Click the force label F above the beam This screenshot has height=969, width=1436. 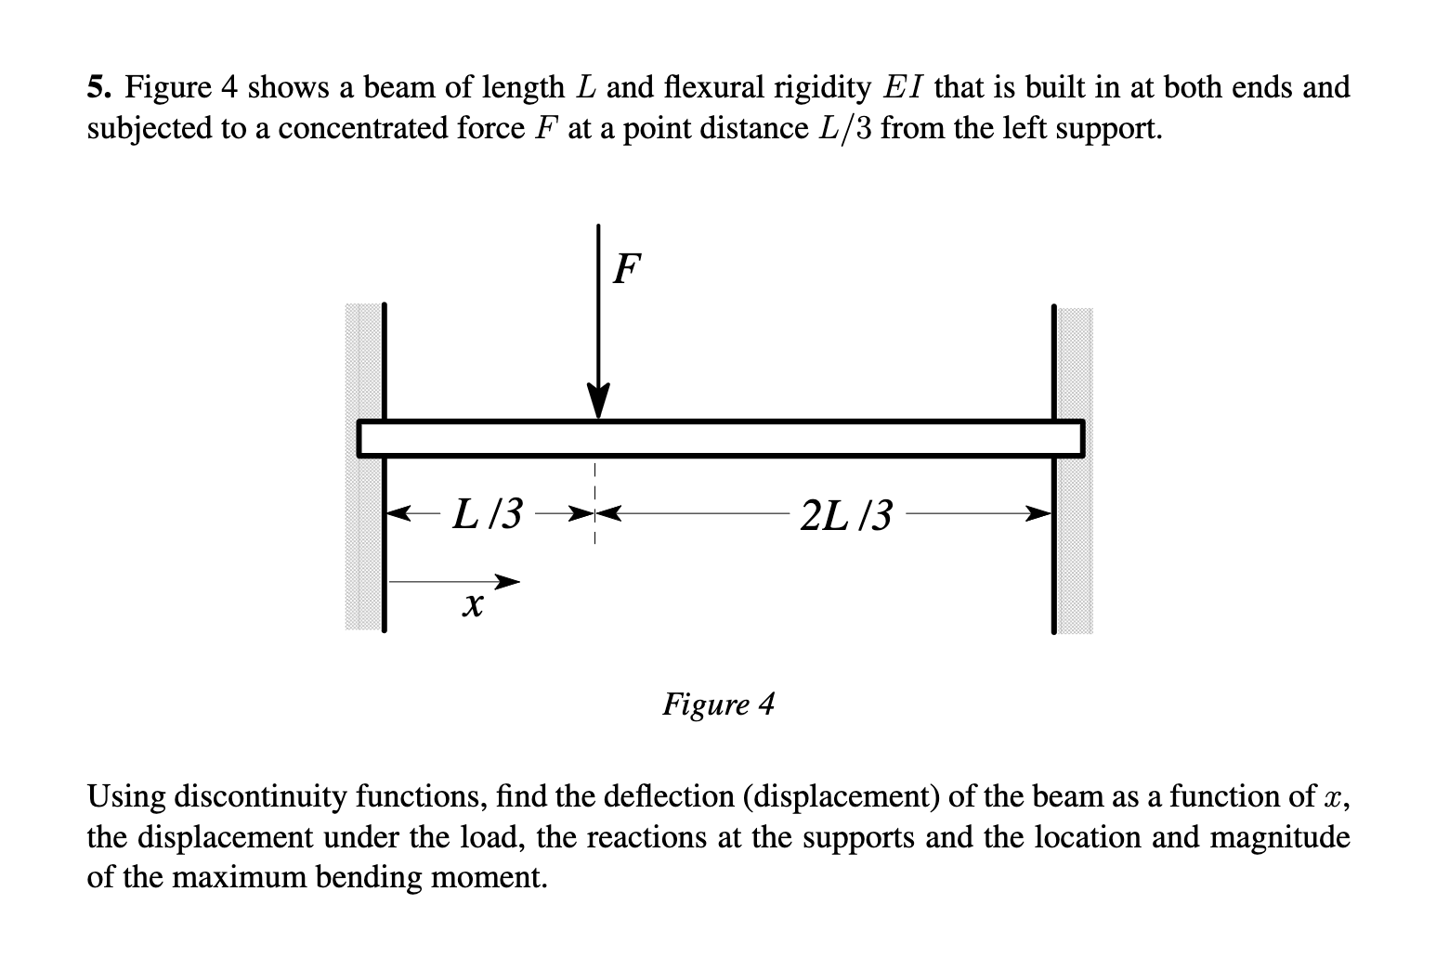point(627,268)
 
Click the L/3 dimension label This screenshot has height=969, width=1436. point(487,512)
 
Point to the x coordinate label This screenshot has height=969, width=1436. point(473,607)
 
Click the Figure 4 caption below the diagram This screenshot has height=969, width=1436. point(718,704)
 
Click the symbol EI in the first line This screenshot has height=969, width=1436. point(903,88)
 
